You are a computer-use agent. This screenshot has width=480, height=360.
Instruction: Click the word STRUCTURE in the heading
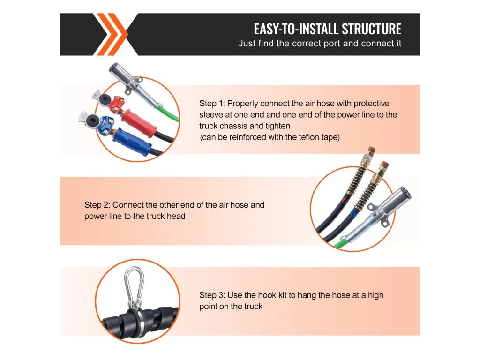click(371, 29)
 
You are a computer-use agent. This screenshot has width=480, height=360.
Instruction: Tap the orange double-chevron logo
click(110, 34)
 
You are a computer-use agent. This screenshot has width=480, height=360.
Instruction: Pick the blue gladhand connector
click(97, 123)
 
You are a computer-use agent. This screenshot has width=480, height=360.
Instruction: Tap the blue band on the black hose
click(354, 213)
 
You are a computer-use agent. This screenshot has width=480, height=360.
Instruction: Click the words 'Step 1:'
click(212, 104)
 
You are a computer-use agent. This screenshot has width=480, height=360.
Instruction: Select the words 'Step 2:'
click(97, 205)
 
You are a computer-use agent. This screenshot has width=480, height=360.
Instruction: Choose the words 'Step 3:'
click(212, 295)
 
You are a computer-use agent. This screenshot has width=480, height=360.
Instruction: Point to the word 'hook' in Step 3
click(267, 295)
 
